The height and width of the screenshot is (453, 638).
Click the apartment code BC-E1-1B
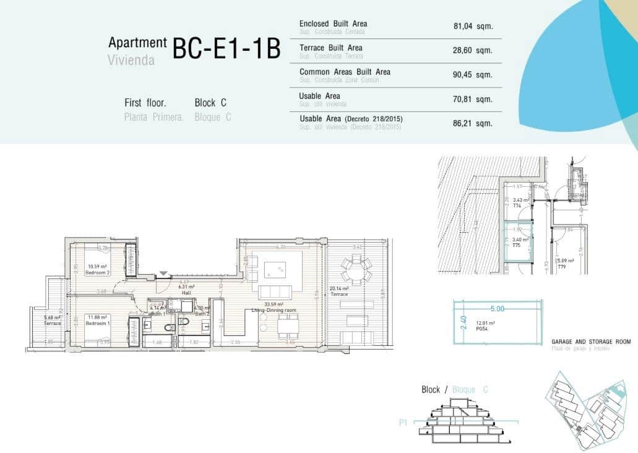click(226, 49)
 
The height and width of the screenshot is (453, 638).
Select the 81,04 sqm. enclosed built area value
click(472, 27)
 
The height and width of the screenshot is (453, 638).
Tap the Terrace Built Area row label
click(330, 48)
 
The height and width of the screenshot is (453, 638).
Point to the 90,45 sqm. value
click(472, 75)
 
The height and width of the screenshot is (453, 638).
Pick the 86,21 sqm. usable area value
click(472, 123)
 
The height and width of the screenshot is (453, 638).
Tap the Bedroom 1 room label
click(98, 323)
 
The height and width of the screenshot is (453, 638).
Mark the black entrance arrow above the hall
click(163, 273)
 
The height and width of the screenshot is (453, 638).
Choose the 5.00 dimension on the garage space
click(498, 308)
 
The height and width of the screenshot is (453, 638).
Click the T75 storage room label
click(516, 246)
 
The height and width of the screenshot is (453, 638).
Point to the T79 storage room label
click(561, 266)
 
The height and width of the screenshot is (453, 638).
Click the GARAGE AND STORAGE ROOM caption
click(590, 342)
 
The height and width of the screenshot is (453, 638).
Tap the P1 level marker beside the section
click(403, 424)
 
